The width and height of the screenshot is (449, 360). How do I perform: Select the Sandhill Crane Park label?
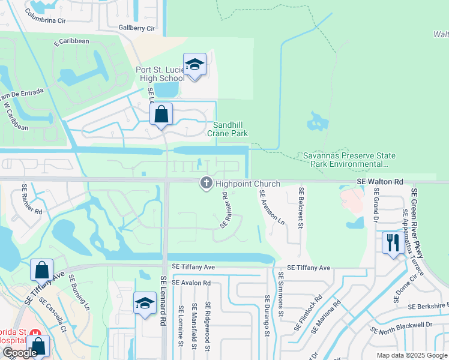click(228, 129)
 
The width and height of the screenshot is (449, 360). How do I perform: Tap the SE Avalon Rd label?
click(191, 282)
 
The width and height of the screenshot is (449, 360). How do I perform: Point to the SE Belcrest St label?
click(301, 205)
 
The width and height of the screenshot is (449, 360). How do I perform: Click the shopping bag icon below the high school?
click(161, 114)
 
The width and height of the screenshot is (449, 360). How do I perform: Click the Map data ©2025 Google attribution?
click(412, 355)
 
